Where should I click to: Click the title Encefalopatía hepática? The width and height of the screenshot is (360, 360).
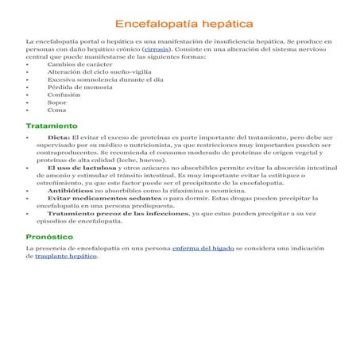tap(180, 25)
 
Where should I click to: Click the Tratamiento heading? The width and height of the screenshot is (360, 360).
tap(52, 126)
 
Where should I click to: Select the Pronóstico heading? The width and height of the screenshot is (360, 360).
tap(49, 236)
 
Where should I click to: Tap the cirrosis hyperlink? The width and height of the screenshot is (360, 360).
tap(156, 49)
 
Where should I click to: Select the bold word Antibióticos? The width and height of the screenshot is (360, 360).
tap(70, 191)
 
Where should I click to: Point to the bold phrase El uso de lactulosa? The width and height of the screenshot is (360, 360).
tap(77, 168)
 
